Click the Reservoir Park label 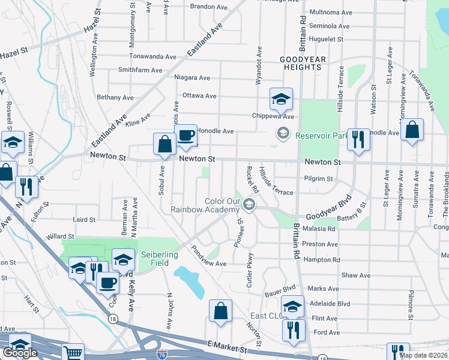[322, 135]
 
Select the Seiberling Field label [159, 259]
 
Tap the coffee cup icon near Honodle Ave [185, 136]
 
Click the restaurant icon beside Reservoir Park [358, 140]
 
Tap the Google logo [20, 353]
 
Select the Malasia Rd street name [319, 229]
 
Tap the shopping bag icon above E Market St [220, 310]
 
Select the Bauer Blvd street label [281, 295]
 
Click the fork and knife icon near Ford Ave [294, 330]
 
